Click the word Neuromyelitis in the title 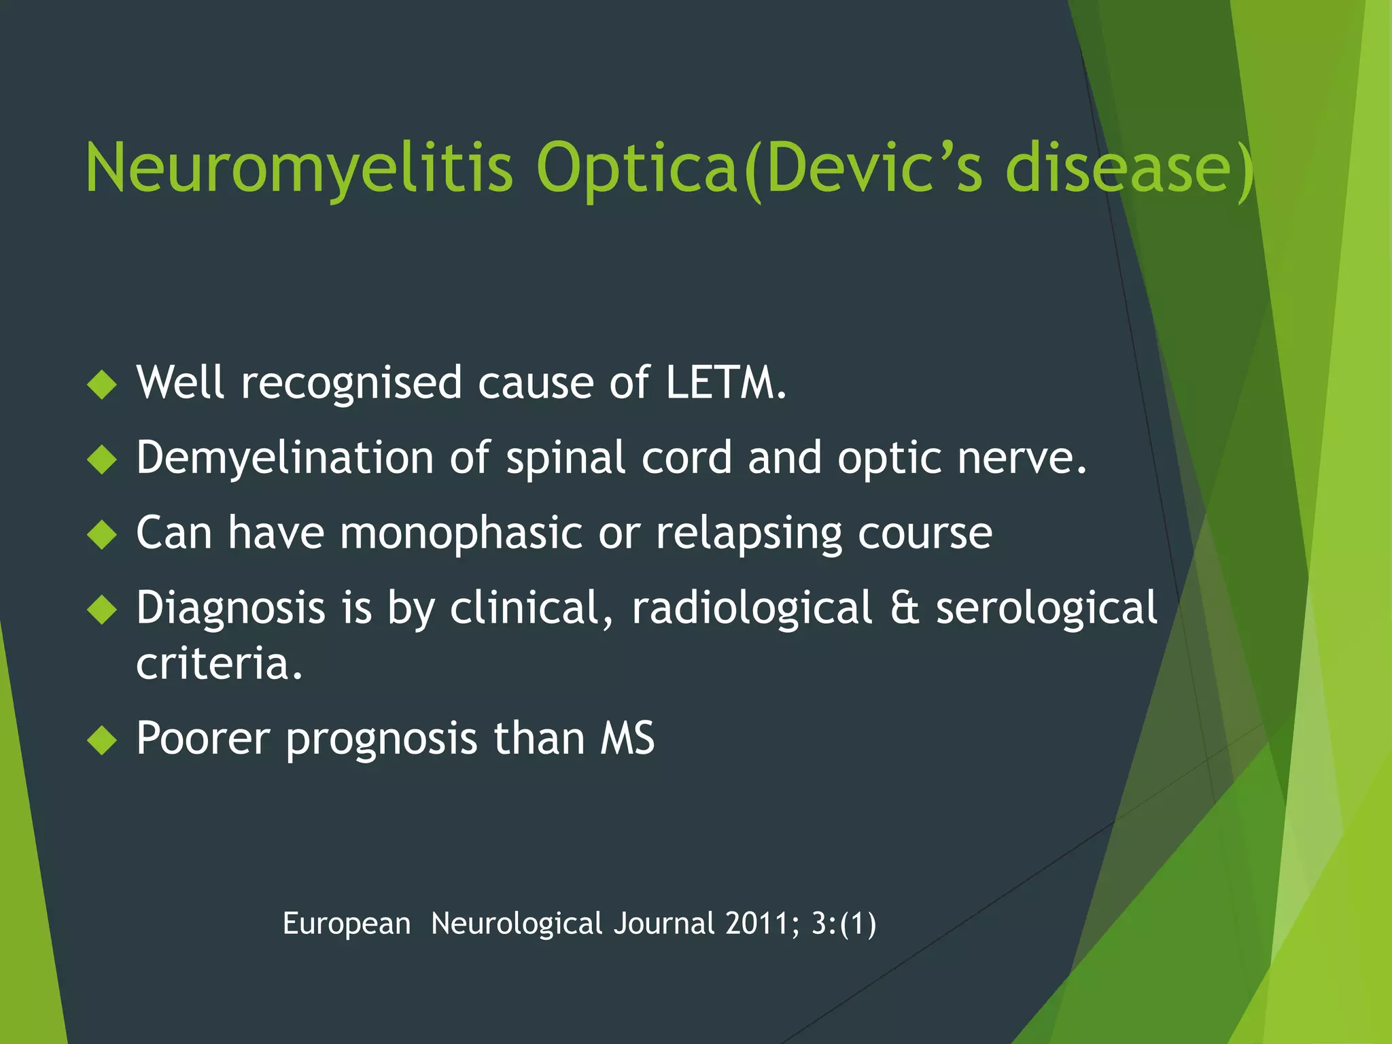coord(299,169)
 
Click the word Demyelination coord(284,457)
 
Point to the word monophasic coord(461,532)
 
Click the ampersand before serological coord(904,607)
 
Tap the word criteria coord(219,663)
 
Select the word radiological coord(752,607)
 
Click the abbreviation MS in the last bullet coord(627,738)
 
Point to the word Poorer coord(203,738)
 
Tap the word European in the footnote coord(347,924)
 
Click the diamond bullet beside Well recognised coord(103,384)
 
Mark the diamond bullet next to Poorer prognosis coord(103,740)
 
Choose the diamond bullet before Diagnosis coord(103,609)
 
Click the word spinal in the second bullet coord(565,457)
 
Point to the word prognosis coord(381,738)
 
